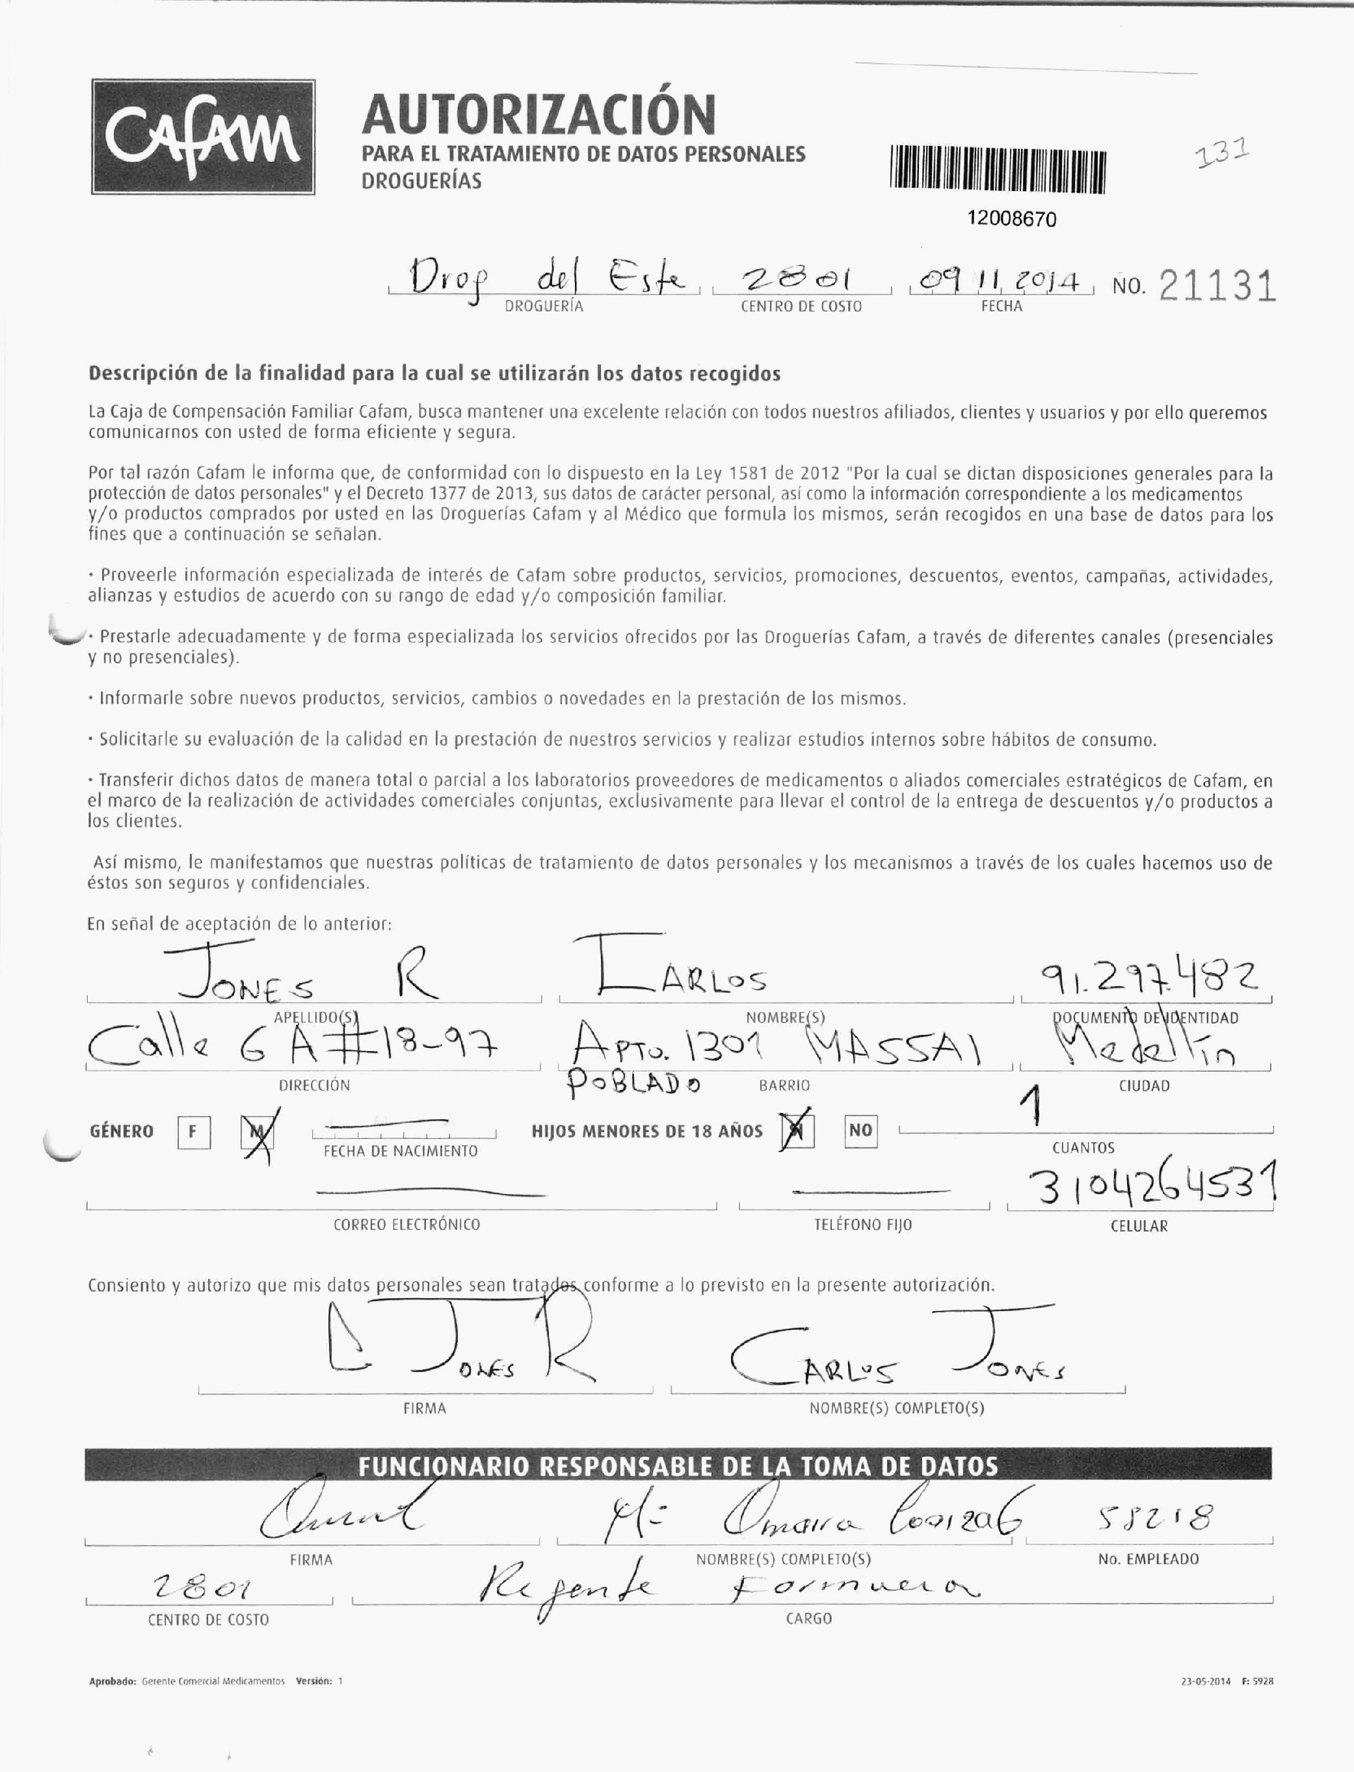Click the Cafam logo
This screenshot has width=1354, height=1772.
(x=202, y=137)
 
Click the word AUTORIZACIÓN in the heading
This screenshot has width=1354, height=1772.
(x=538, y=114)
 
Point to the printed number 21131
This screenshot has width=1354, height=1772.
(x=1217, y=287)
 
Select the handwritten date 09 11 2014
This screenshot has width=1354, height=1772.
(x=1000, y=283)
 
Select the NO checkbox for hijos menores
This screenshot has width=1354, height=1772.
(x=860, y=1130)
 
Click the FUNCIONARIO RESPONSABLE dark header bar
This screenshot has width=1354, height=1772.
(x=677, y=1465)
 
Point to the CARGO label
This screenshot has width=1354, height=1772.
(x=808, y=1618)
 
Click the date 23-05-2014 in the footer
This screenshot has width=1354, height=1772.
(x=1205, y=1682)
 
